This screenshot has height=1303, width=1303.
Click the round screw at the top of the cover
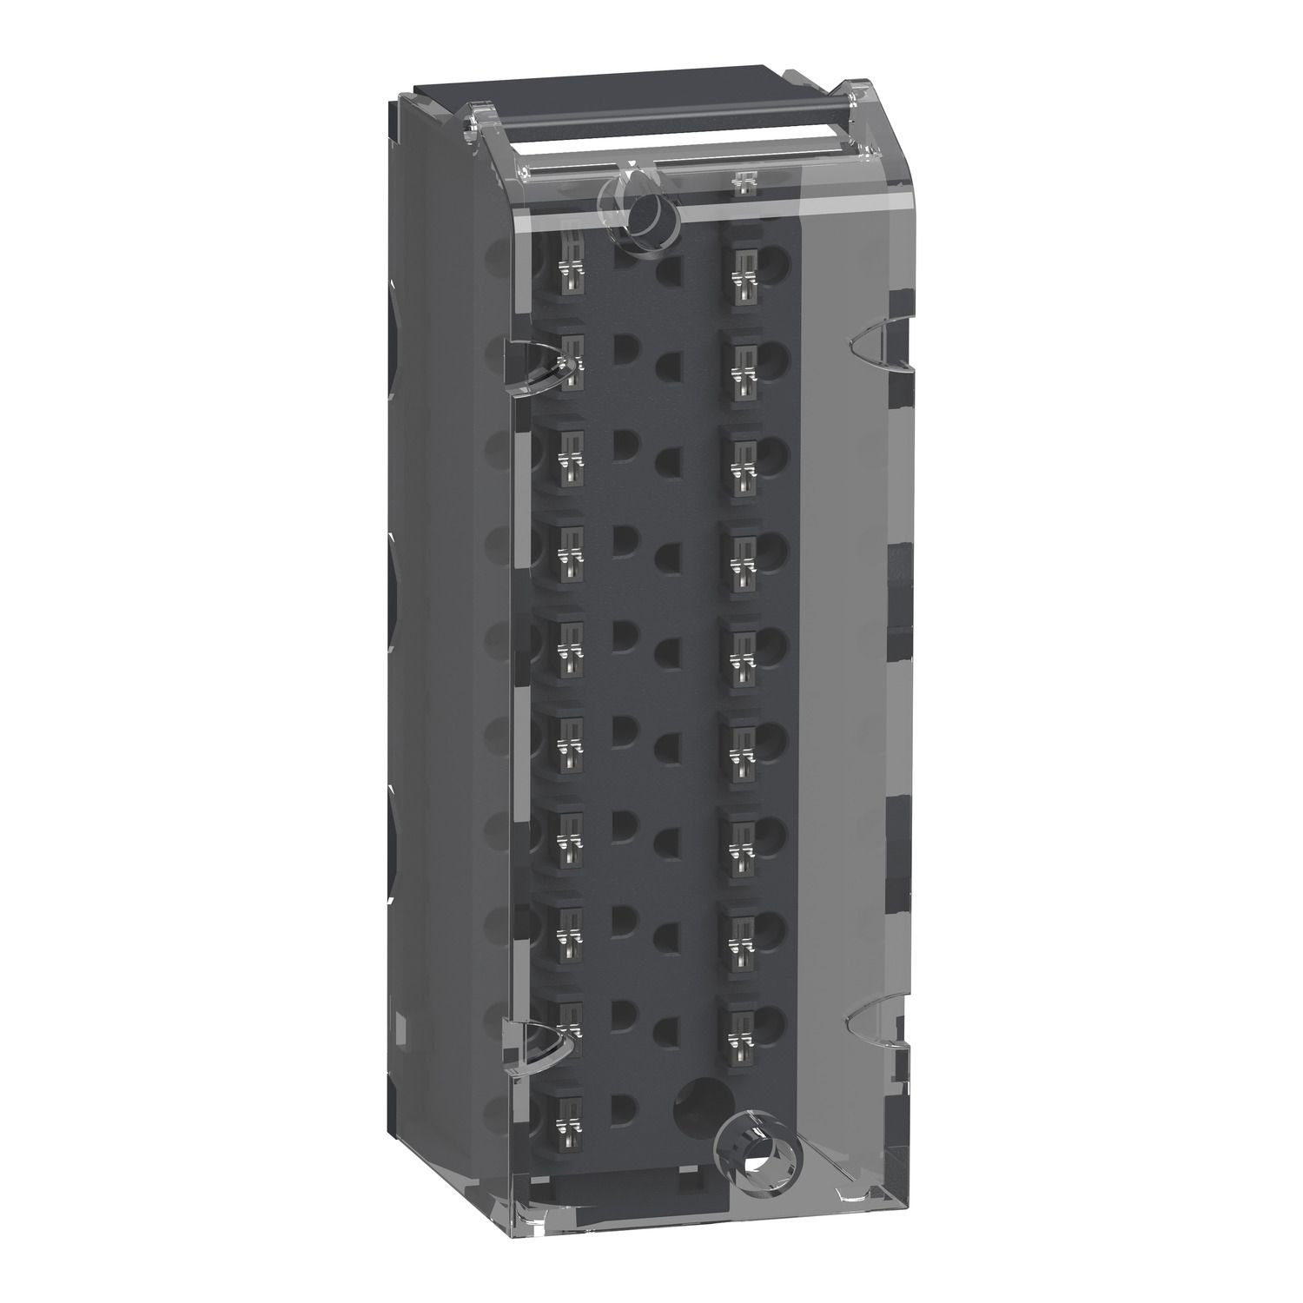tap(647, 208)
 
